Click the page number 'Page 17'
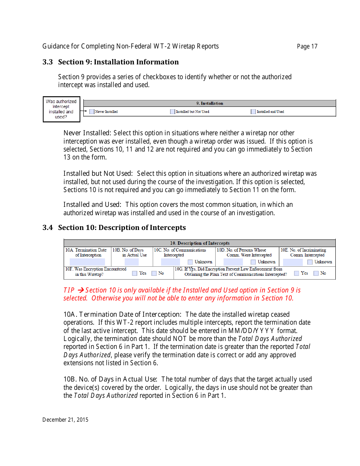[307, 47]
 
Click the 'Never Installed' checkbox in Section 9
[92, 112]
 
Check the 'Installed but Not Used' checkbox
[172, 112]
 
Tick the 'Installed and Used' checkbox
[253, 112]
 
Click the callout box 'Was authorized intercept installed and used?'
[61, 109]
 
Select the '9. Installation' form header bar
[210, 103]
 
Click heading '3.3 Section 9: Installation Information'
[111, 62]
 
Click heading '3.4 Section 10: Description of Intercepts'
[114, 228]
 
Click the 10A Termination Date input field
[87, 262]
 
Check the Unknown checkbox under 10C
[190, 262]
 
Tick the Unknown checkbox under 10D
[253, 262]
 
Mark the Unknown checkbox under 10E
[310, 262]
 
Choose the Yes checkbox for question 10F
[135, 273]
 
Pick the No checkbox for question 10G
[316, 273]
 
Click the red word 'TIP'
[69, 290]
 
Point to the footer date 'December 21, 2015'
[65, 420]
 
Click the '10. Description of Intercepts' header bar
[200, 243]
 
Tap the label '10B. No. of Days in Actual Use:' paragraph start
[110, 379]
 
